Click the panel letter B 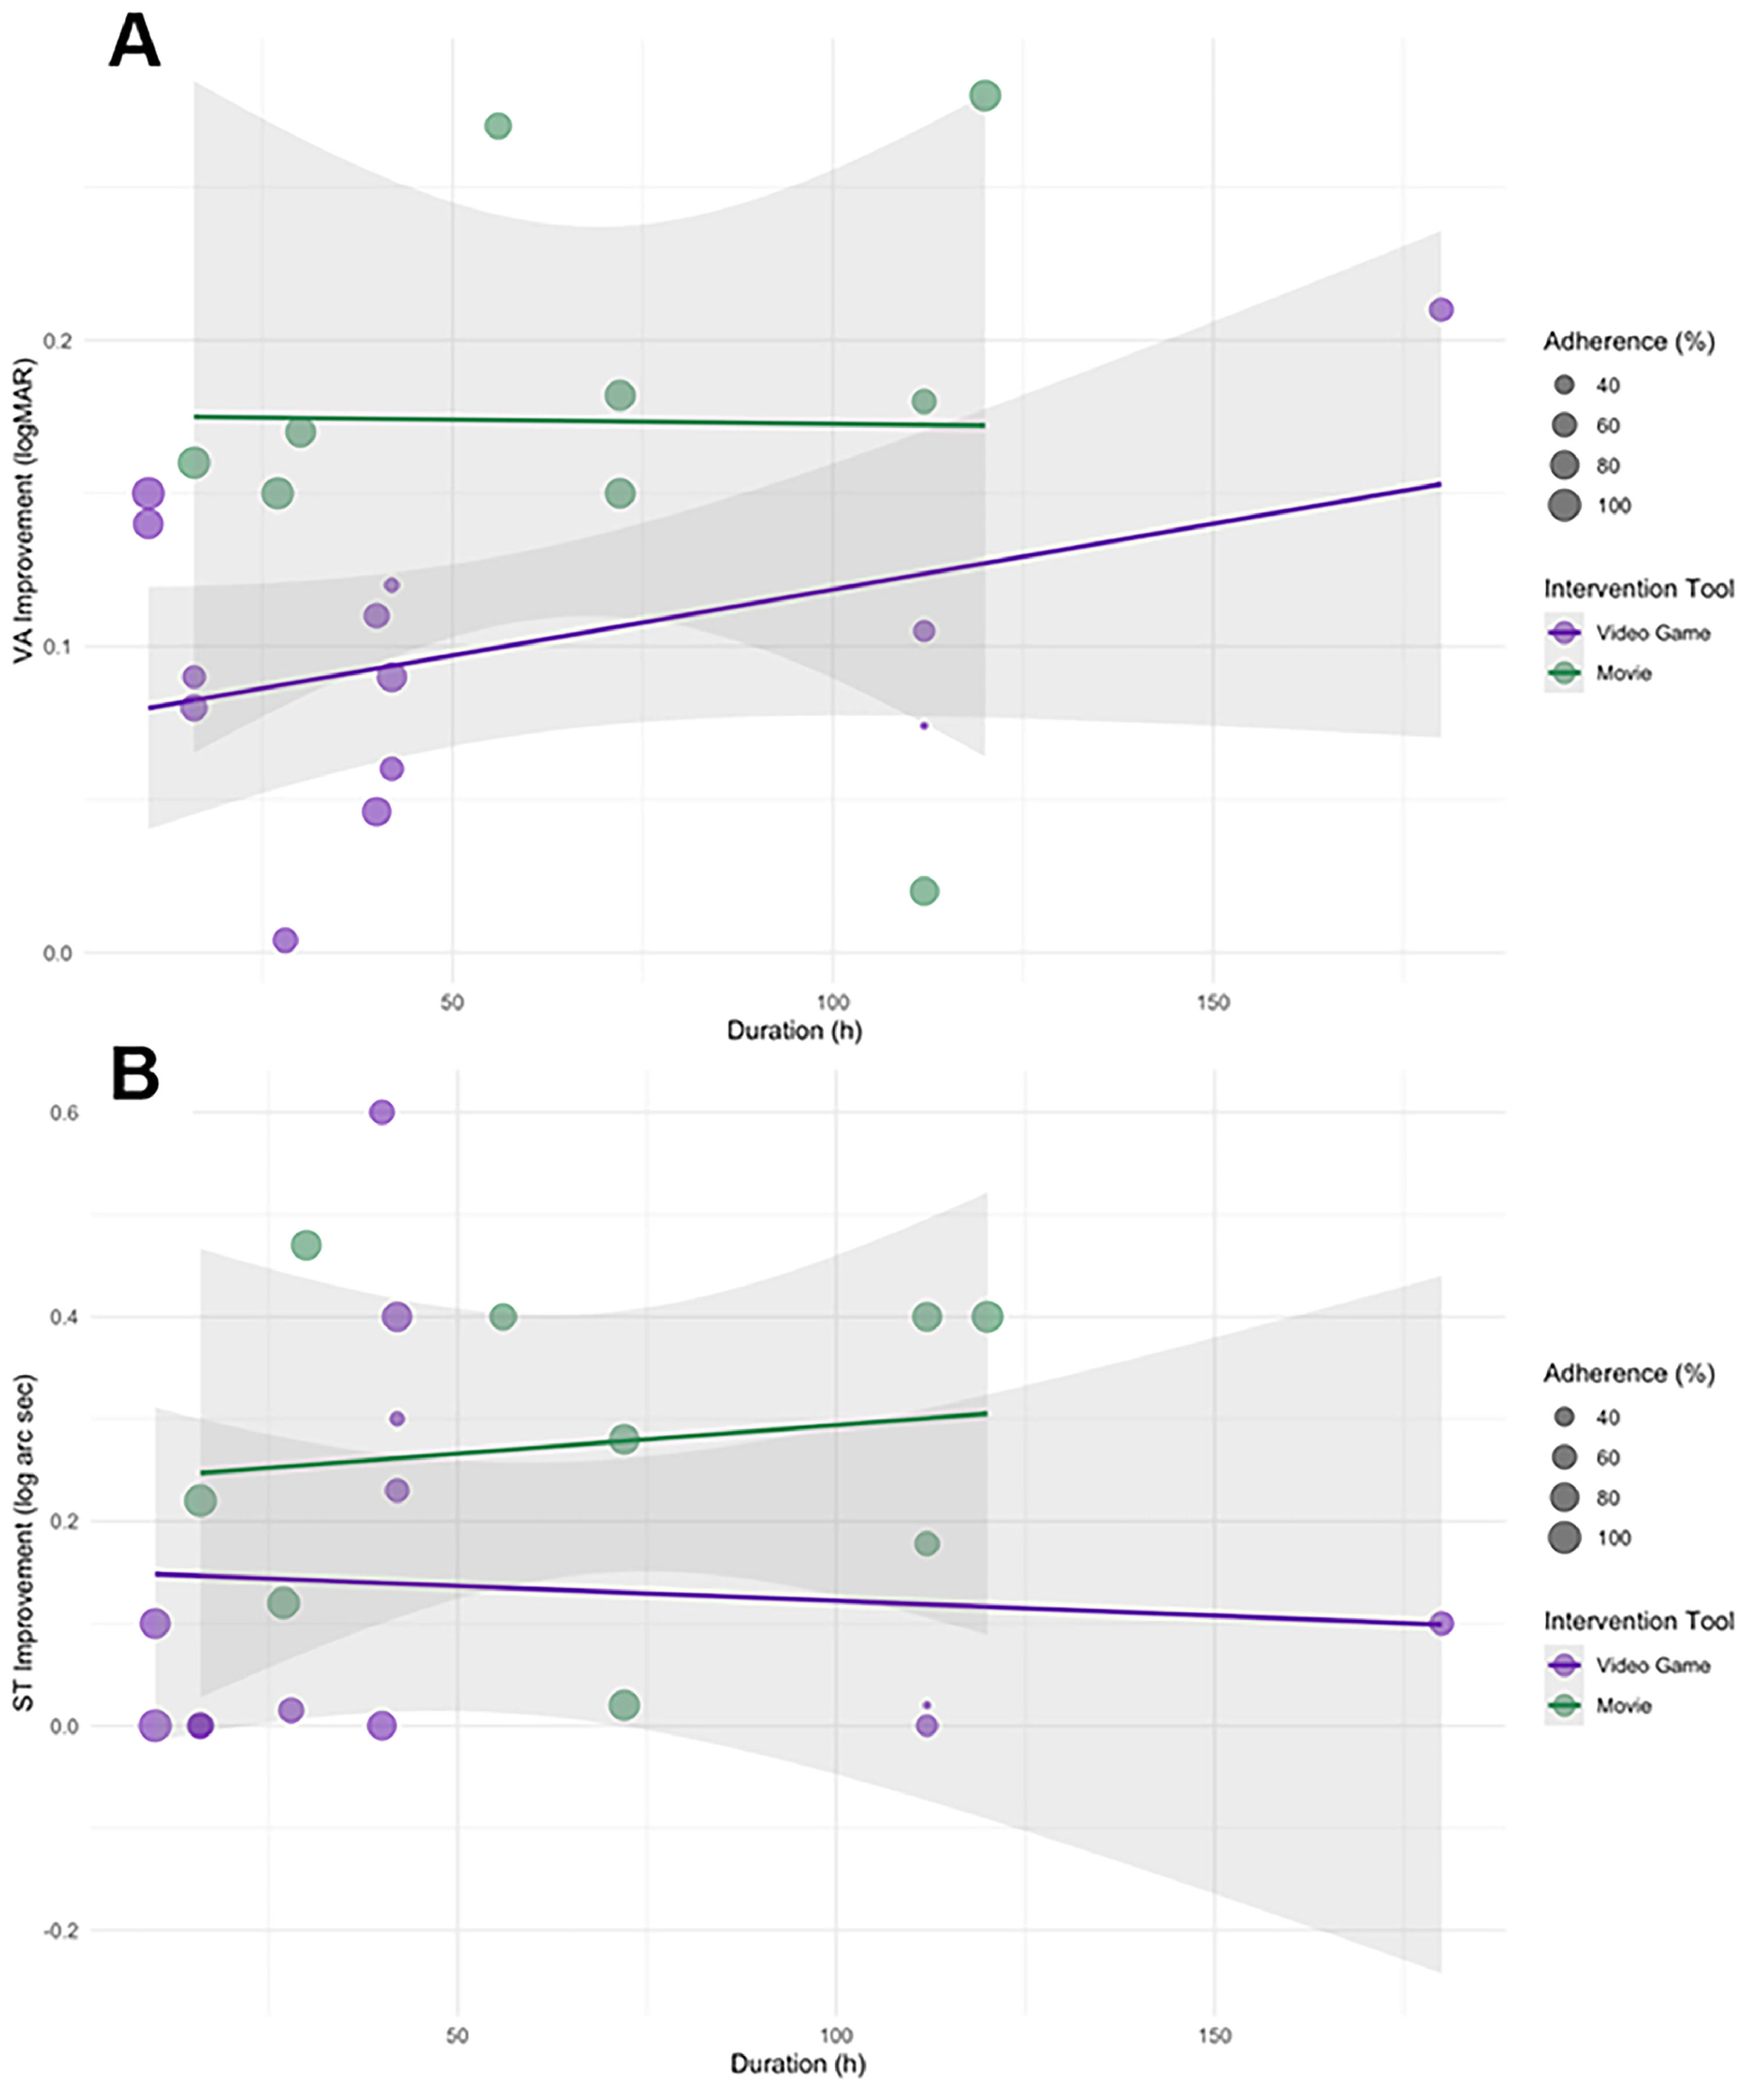point(134,1075)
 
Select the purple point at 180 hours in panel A point(1440,310)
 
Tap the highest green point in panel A point(985,95)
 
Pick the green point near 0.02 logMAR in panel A point(924,890)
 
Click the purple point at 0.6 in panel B point(382,1112)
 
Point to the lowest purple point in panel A point(285,939)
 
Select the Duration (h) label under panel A point(794,1030)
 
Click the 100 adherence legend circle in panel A point(1565,505)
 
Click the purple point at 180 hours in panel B point(1440,1623)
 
